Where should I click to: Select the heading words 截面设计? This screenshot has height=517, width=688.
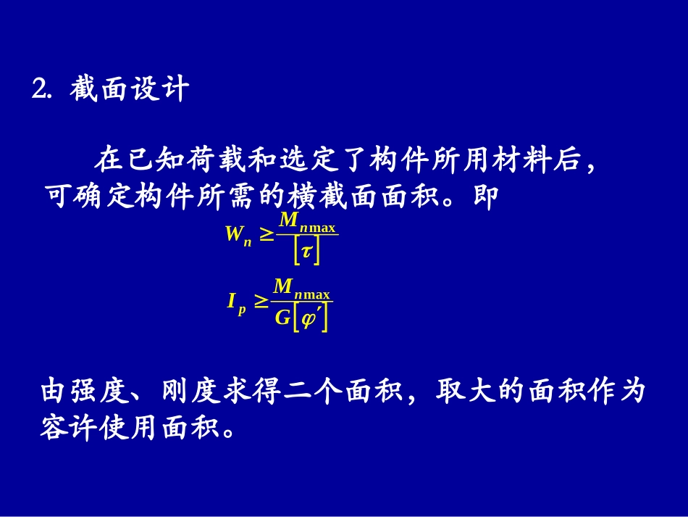(x=130, y=91)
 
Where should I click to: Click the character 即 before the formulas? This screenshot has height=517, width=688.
(x=485, y=197)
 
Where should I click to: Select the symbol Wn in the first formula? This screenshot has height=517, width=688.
(x=238, y=235)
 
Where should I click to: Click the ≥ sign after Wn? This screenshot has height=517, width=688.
(x=267, y=234)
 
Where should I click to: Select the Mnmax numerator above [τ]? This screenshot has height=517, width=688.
(x=307, y=221)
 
